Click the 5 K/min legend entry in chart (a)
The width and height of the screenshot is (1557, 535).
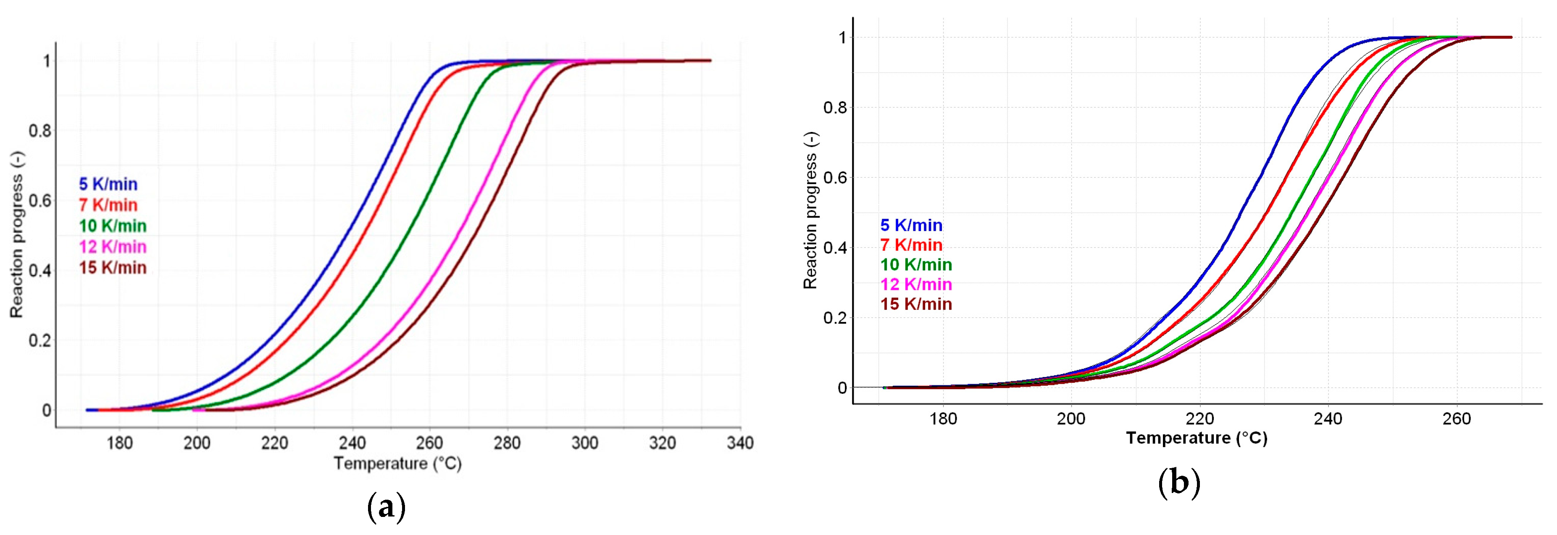point(108,184)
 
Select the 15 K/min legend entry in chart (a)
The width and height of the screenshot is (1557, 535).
point(113,267)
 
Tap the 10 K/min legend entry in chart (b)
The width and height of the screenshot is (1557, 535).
point(916,264)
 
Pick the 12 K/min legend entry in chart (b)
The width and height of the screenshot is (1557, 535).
point(916,284)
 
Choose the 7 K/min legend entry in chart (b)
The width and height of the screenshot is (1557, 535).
point(911,245)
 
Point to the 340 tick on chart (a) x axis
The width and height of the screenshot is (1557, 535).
point(740,443)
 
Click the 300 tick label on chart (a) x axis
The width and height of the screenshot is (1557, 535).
point(584,443)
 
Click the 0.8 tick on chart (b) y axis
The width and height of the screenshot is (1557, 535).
point(835,108)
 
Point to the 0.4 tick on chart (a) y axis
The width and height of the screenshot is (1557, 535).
point(40,271)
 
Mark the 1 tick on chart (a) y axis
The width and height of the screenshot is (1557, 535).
point(47,61)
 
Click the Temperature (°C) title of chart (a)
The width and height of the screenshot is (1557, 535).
point(398,464)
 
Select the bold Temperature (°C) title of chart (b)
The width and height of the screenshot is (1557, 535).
point(1196,437)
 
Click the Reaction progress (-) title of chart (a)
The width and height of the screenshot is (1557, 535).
point(16,235)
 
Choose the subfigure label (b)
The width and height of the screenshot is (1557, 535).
point(1178,482)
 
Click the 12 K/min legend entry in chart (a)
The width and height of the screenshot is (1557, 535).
point(113,247)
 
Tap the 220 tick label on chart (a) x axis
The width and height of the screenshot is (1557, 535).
point(274,443)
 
